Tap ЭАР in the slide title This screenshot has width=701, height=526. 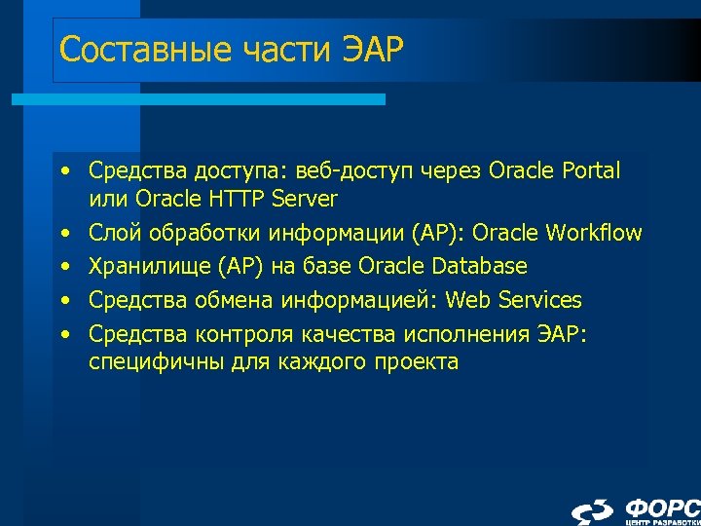pos(372,49)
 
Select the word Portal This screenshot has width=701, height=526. pos(591,171)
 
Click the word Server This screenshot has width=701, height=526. pos(305,200)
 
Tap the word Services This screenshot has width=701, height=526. pos(536,299)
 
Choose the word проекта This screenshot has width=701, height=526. pos(419,362)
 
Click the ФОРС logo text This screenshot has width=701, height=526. pos(662,507)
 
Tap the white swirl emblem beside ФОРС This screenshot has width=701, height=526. pos(593,511)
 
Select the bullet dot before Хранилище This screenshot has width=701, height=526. pos(63,266)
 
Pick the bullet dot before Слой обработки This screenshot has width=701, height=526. pos(63,233)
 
